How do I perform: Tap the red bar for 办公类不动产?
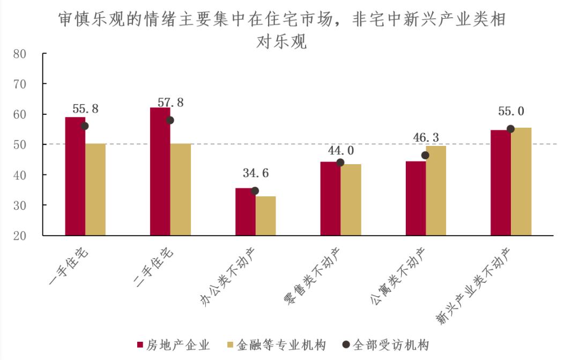tap(245, 211)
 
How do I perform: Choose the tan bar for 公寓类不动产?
tap(436, 190)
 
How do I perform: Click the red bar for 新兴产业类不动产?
tap(500, 182)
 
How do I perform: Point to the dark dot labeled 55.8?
tap(84, 126)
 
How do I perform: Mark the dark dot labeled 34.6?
tap(255, 191)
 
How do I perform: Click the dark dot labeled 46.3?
tap(425, 155)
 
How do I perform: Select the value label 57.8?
tap(171, 102)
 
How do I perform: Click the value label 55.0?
tap(511, 112)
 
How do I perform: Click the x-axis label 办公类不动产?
tap(231, 276)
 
